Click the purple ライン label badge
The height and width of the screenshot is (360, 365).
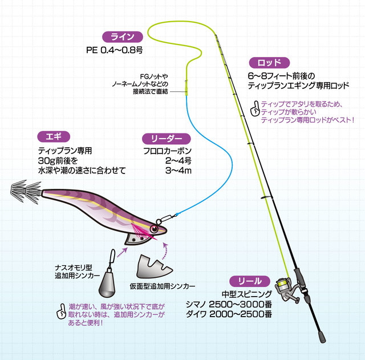(x=121, y=37)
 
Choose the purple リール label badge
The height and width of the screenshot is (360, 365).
(x=249, y=281)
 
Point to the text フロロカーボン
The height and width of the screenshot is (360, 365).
(x=167, y=152)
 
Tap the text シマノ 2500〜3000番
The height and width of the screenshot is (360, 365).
(x=231, y=304)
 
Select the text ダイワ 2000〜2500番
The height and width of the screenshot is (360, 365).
(x=231, y=314)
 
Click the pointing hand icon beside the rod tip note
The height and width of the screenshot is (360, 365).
(x=254, y=108)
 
